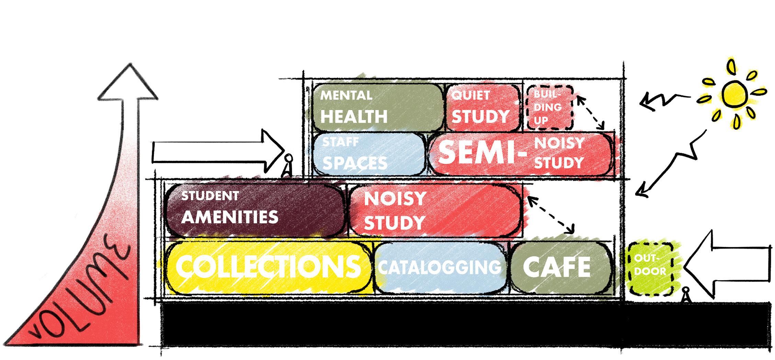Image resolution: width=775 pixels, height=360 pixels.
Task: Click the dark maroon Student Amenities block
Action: point(254,210)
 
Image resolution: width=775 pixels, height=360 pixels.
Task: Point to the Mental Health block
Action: point(376,107)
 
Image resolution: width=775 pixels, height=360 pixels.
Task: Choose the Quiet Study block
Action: point(481,107)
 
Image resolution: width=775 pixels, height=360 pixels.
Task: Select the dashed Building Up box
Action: point(549,107)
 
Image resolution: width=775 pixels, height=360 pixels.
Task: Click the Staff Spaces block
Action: point(368,154)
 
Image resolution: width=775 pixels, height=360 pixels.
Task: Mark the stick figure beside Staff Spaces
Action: point(288,166)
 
